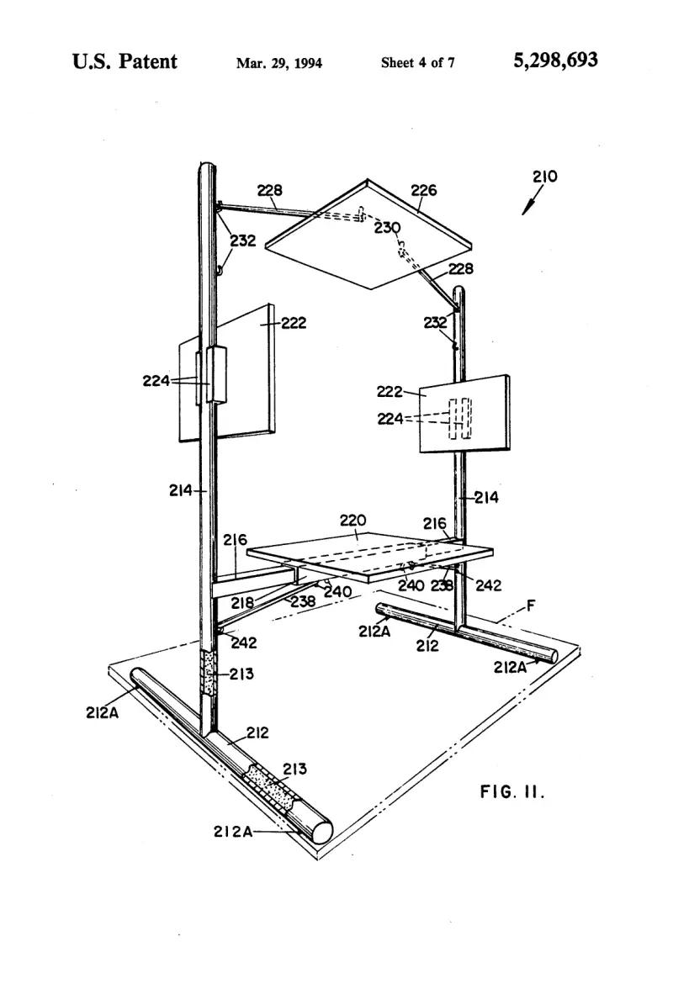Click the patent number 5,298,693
point(555,61)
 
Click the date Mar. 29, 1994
point(278,63)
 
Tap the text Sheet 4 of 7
point(417,62)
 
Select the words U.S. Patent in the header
point(125,61)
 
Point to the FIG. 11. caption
point(512,791)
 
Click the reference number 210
point(545,177)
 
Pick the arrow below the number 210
point(529,202)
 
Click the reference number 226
point(424,190)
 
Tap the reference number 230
point(387,227)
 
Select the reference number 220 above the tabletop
point(352,521)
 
